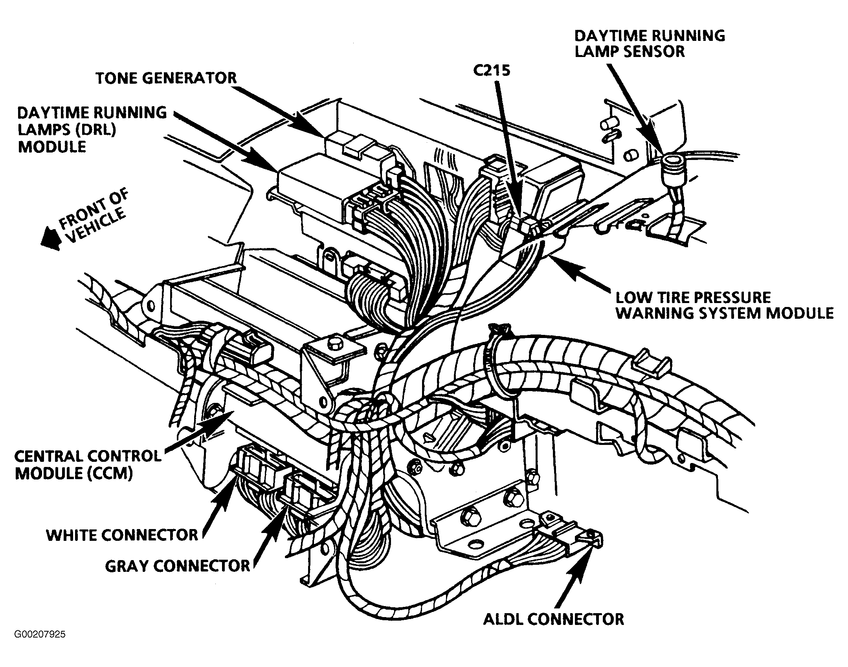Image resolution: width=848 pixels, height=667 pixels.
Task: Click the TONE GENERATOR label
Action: tap(166, 78)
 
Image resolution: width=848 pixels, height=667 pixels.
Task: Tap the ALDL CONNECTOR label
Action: tap(553, 619)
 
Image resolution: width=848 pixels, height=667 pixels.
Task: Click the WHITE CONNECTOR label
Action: tap(122, 535)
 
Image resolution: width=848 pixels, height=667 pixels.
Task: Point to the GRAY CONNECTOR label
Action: tap(178, 566)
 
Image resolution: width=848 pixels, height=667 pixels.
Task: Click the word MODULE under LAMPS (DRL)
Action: tap(52, 147)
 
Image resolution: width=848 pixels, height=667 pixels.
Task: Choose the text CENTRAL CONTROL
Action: tap(88, 456)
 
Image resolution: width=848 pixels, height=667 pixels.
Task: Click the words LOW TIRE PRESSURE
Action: tap(693, 297)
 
